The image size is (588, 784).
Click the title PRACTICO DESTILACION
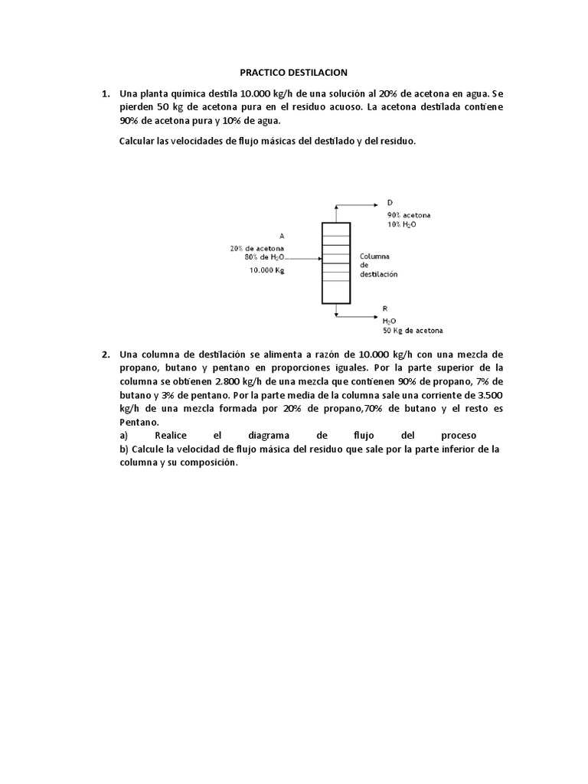click(293, 73)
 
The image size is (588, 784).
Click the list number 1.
click(106, 93)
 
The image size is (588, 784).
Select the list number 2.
click(106, 354)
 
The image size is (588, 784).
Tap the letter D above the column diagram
click(390, 203)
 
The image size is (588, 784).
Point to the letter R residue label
click(385, 308)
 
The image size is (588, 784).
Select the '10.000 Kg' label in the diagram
click(266, 270)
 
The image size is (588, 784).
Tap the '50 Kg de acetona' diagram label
click(413, 331)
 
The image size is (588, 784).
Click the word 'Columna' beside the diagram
click(375, 256)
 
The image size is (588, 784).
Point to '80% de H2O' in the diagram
click(265, 258)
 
